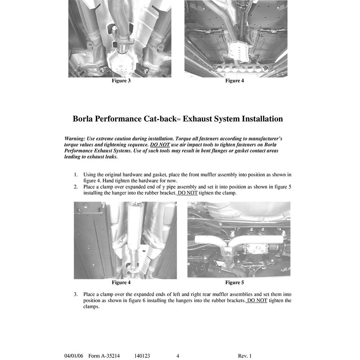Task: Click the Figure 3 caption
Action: coord(121,81)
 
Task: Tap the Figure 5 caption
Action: coord(234,282)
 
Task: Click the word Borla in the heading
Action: coord(83,119)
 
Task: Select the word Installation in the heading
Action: coord(262,119)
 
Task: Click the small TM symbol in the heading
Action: coord(179,120)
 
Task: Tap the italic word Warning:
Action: coord(75,139)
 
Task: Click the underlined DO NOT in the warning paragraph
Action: coord(160,145)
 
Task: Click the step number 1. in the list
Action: coord(76,175)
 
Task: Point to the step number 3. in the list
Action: coord(76,294)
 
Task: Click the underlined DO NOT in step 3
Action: coord(257,300)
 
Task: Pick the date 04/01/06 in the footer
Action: coord(74,356)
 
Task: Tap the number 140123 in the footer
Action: coord(142,356)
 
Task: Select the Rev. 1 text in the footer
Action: coord(245,356)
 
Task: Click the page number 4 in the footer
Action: coord(178,356)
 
